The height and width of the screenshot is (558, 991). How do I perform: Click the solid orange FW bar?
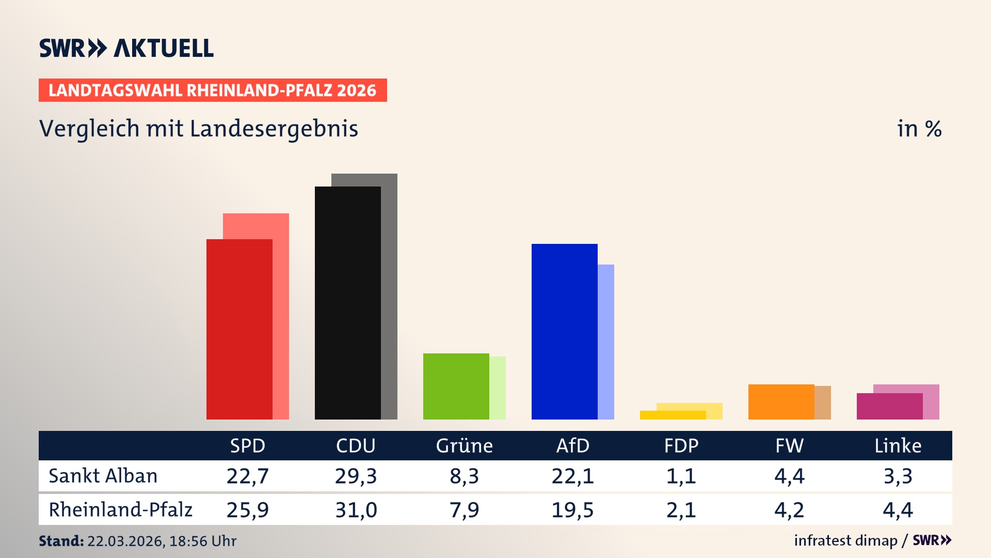781,401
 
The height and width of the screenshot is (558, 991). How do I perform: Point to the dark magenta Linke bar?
889,406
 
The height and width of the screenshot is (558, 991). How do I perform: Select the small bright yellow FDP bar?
673,415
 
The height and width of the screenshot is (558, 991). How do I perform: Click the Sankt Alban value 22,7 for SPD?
248,476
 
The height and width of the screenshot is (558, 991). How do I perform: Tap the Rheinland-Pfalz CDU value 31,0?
356,510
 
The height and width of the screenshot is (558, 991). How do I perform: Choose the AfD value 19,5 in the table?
573,510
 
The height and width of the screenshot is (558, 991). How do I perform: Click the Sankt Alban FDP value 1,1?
681,476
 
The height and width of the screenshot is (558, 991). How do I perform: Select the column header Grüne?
465,446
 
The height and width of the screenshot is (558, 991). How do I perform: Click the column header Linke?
898,446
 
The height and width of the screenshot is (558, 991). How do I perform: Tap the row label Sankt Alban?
103,476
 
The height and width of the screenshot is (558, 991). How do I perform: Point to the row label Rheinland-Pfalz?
120,510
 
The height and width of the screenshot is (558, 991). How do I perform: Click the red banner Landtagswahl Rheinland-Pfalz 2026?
213,90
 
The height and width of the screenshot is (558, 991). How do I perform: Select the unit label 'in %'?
919,129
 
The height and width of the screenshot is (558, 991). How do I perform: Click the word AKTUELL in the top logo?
164,49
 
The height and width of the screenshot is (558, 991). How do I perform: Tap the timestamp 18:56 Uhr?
202,541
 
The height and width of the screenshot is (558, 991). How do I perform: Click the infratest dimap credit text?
845,540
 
